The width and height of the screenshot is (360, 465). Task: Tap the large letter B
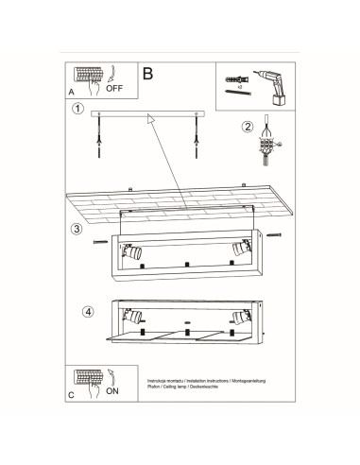pos(146,73)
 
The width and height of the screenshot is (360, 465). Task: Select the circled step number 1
pos(77,110)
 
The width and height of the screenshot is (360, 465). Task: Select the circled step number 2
pos(249,127)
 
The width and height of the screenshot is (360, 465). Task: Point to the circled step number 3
pos(76,230)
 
